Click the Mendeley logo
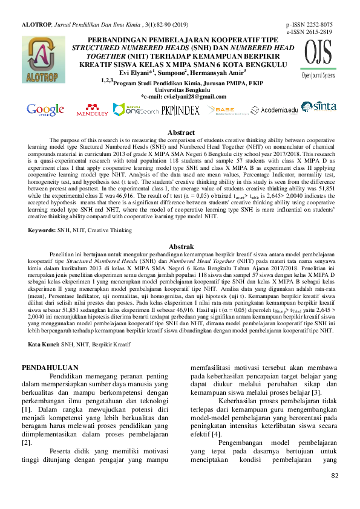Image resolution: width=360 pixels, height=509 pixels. click(92, 110)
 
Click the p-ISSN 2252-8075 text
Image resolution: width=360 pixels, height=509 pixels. click(309, 24)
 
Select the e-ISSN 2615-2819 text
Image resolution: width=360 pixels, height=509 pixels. click(309, 31)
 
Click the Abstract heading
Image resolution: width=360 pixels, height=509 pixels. click(181, 132)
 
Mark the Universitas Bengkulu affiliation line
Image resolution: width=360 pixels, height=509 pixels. click(181, 90)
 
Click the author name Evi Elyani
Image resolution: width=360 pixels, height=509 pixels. click(137, 73)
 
